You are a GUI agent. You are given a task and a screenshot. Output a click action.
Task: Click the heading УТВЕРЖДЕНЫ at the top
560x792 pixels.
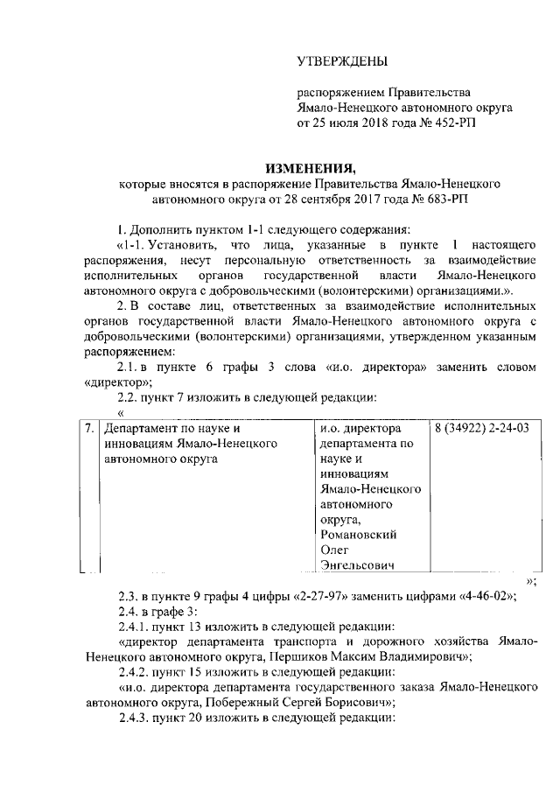coord(342,60)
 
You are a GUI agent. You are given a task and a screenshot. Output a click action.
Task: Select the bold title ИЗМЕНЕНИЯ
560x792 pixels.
coord(311,168)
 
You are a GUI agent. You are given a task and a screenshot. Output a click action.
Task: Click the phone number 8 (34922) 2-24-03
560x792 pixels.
coord(482,431)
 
